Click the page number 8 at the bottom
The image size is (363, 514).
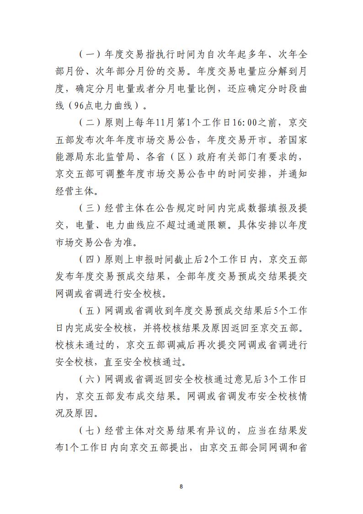[181, 486]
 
